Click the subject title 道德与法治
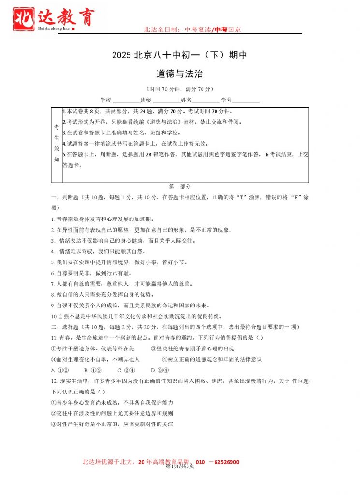click(x=179, y=74)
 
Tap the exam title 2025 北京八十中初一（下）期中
click(x=179, y=55)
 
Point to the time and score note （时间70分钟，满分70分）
click(x=179, y=89)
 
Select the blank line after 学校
click(x=126, y=102)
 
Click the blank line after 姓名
click(x=205, y=102)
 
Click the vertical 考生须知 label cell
click(x=57, y=145)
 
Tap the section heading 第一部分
click(x=180, y=187)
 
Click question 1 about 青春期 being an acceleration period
click(x=101, y=219)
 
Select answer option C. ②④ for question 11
click(x=126, y=371)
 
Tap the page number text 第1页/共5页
click(x=180, y=466)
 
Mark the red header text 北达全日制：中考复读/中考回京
click(x=192, y=30)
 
